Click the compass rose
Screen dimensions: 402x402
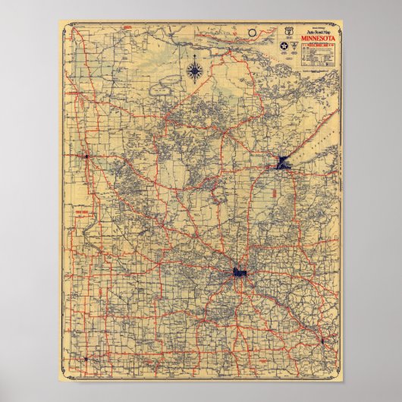pos(196,72)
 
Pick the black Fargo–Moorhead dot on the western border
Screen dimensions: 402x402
pos(86,156)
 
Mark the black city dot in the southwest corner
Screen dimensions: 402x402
pos(86,357)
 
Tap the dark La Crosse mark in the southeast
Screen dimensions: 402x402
pos(322,341)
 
